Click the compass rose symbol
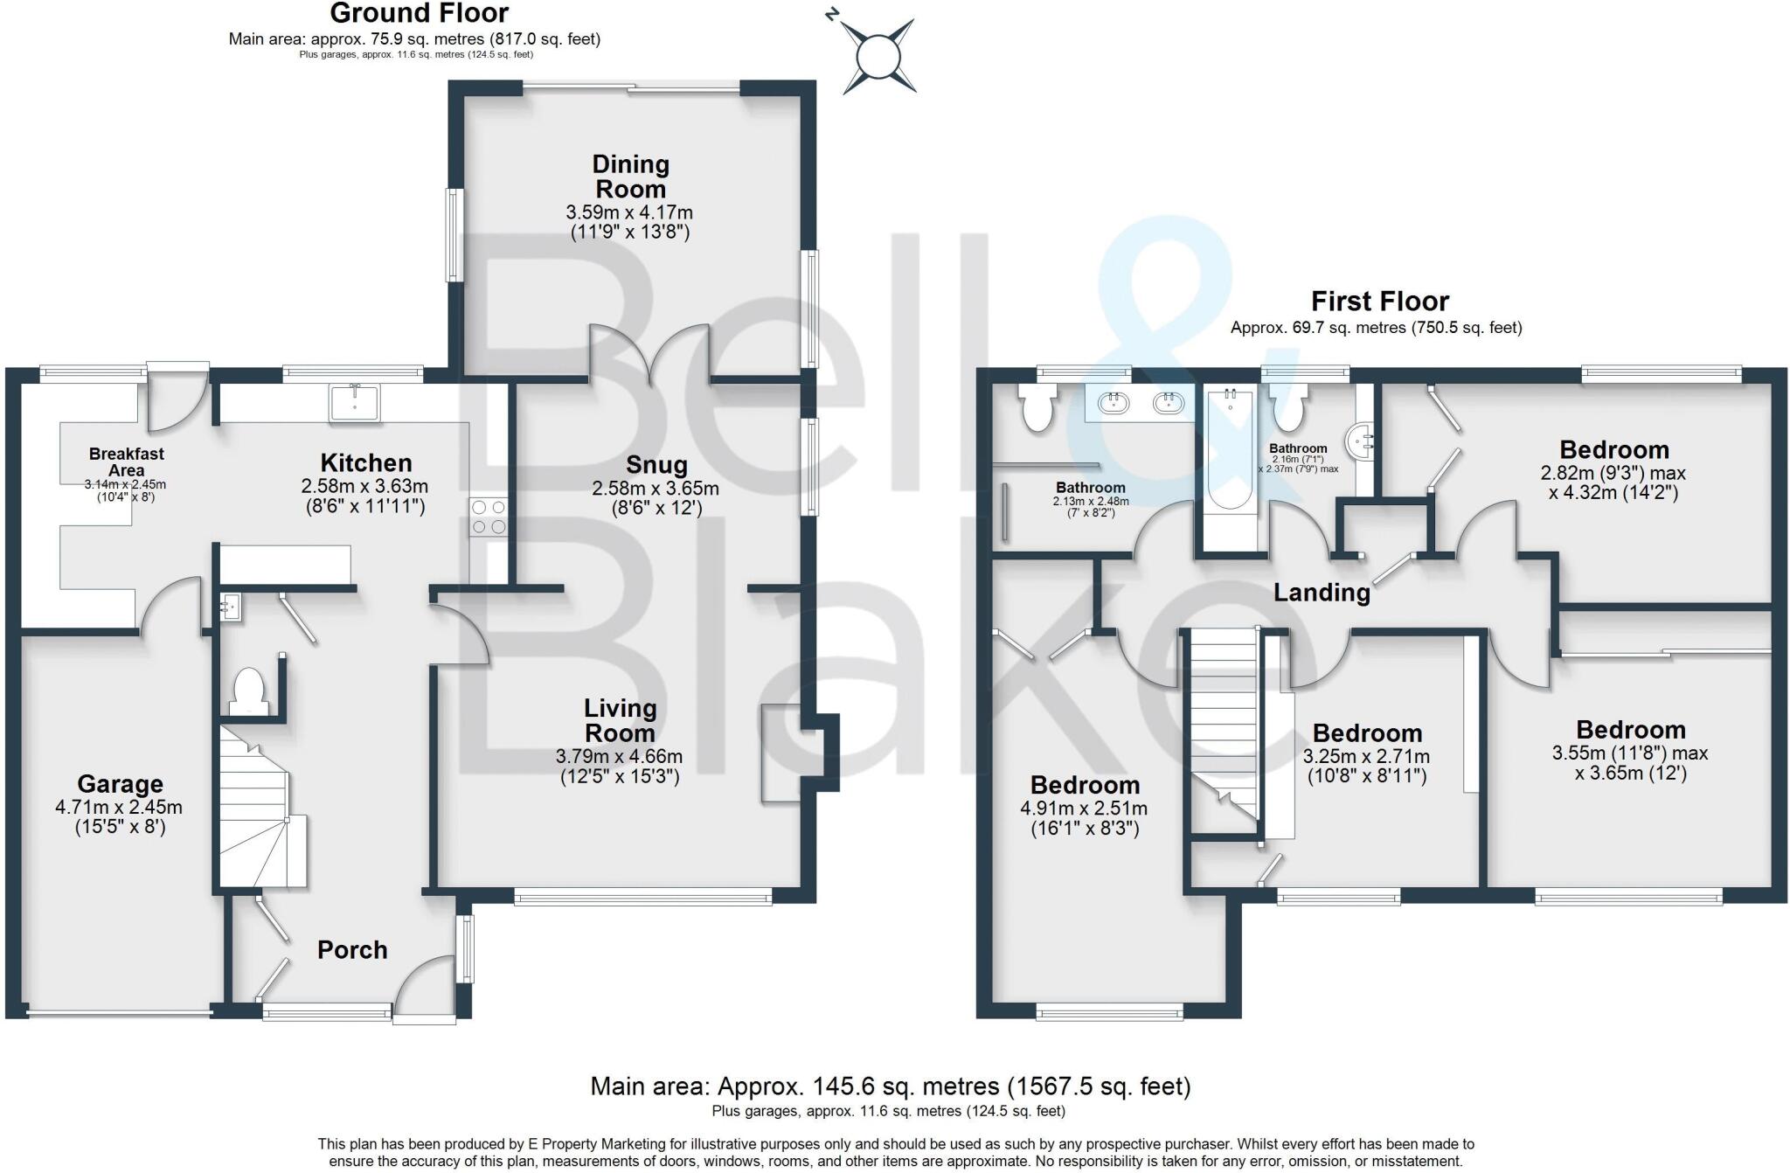coord(878,57)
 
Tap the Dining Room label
coord(630,177)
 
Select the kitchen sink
coord(355,403)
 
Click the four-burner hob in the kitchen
coord(489,516)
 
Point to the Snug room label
coord(656,465)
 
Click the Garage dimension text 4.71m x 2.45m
coord(119,807)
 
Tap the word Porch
coord(352,950)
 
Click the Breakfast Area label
coord(126,462)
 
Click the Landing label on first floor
coord(1321,593)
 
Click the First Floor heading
coord(1379,302)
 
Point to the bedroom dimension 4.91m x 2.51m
coord(1084,809)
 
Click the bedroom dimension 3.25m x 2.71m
coord(1366,756)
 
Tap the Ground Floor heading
coord(419,13)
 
